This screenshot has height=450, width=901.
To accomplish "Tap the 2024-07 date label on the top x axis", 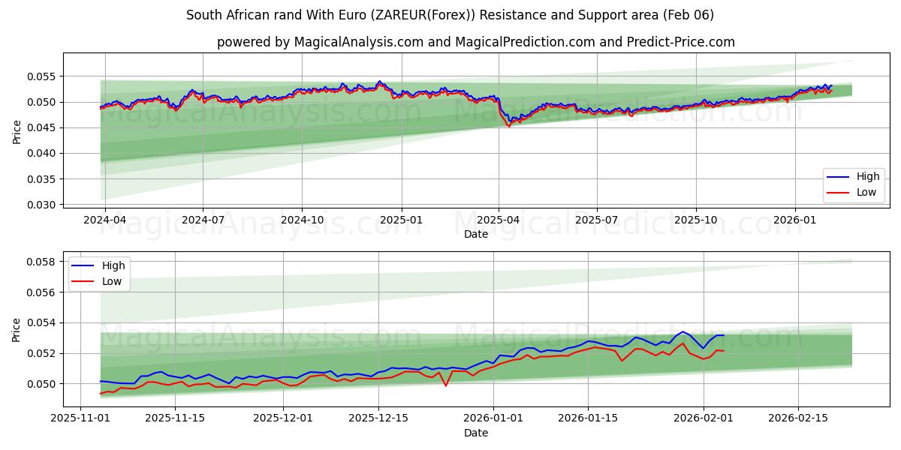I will [203, 220].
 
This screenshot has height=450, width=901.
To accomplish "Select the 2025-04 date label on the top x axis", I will [499, 220].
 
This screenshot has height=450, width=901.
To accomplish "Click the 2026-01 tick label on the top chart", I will [794, 220].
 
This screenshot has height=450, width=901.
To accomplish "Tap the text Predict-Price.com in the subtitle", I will [685, 42].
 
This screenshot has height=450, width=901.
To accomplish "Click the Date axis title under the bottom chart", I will [475, 433].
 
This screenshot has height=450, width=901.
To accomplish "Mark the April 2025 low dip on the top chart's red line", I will [508, 126].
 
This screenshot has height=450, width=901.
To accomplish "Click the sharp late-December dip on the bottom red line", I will [446, 385].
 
